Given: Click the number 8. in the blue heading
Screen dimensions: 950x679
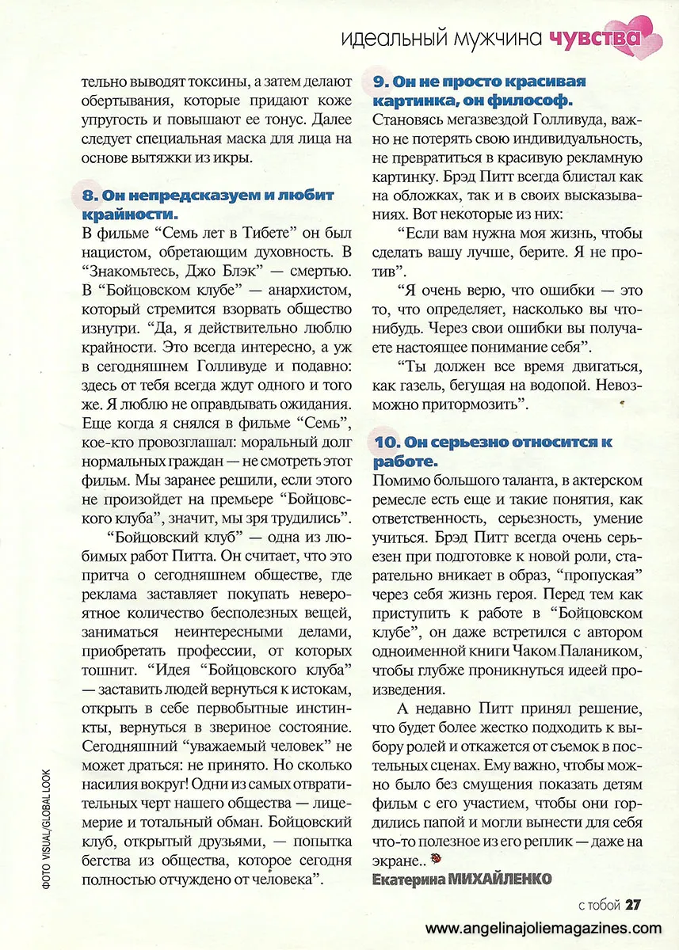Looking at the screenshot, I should click(x=89, y=195).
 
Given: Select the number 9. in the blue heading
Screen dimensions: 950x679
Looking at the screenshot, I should click(x=380, y=82).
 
